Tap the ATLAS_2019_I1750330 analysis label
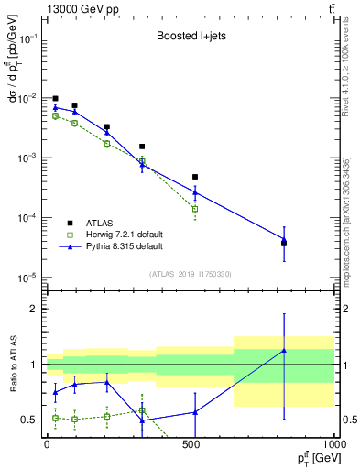190,274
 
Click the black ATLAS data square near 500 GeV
195,177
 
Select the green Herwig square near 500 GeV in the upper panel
195,209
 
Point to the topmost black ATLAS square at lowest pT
55,98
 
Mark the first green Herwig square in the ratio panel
55,418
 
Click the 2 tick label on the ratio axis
37,309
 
